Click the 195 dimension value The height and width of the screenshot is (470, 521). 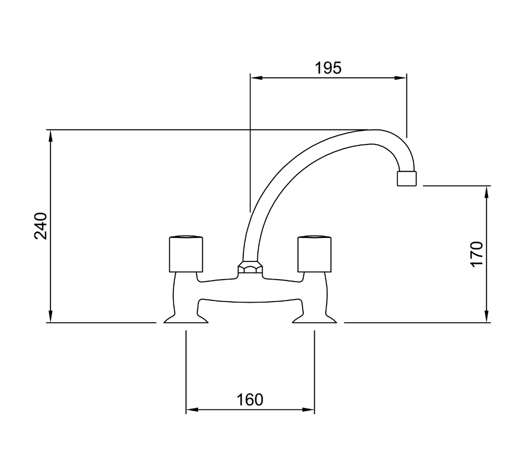coord(328,68)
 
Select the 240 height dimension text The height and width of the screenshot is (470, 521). coord(41,226)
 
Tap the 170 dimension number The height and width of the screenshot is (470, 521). coord(477,254)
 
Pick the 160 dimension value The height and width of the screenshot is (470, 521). coord(250,400)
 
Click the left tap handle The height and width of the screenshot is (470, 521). coord(186,254)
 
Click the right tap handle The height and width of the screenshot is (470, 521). coord(314,254)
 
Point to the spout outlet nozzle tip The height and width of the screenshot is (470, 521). coord(406,178)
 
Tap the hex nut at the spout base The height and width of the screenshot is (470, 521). coord(250,267)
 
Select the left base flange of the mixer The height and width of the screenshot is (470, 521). coord(186,318)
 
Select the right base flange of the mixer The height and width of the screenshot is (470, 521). coord(314,318)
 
